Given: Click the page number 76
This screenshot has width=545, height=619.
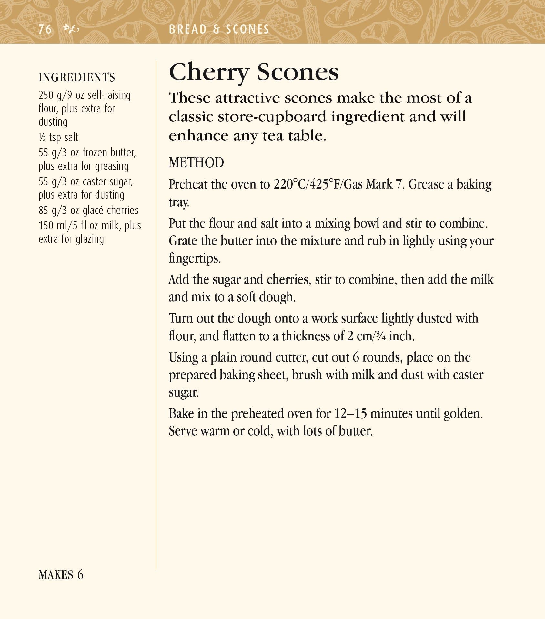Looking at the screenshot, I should [45, 30].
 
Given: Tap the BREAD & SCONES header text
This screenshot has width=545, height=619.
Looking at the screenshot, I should [219, 30].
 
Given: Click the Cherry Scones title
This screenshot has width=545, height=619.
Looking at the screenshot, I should [254, 73].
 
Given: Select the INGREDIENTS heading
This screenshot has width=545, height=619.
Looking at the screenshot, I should [77, 78].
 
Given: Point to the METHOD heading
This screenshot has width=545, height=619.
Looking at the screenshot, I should [196, 163].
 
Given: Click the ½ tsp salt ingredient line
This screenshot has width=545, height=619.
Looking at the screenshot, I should [58, 138].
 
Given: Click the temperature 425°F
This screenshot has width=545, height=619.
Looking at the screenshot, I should [322, 185].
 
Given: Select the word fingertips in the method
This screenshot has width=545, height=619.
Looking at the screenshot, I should [194, 259].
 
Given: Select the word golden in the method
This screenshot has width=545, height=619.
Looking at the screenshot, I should [462, 414].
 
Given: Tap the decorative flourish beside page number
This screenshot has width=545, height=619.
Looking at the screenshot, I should [71, 30].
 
